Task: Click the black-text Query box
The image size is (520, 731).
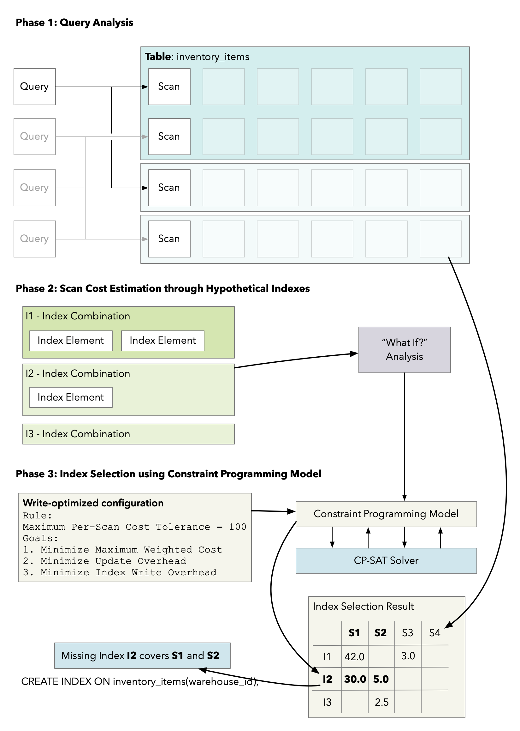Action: [35, 87]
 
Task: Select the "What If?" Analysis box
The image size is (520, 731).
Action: [405, 350]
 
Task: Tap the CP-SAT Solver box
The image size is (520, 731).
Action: [386, 560]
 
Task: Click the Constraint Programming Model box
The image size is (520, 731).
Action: [386, 514]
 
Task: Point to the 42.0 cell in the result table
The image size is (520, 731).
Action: [354, 657]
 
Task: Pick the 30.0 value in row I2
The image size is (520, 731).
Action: [355, 679]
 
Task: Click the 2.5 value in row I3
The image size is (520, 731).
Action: [382, 702]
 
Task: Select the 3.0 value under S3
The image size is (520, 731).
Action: [408, 656]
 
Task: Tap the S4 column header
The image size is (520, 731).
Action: [434, 633]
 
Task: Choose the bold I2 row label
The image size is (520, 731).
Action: [327, 679]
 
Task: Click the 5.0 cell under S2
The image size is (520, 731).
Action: [381, 679]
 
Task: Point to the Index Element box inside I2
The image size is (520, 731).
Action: [71, 397]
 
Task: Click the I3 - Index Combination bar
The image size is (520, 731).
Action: [128, 434]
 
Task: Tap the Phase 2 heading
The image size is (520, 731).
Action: [163, 288]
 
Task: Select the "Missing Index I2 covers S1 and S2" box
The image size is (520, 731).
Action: [142, 655]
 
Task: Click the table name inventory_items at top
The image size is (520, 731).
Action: [213, 57]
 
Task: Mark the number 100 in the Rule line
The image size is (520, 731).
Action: [238, 527]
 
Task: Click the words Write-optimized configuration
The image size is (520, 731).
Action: [93, 503]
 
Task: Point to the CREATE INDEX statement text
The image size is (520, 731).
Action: [140, 681]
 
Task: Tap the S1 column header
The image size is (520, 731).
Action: [354, 633]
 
